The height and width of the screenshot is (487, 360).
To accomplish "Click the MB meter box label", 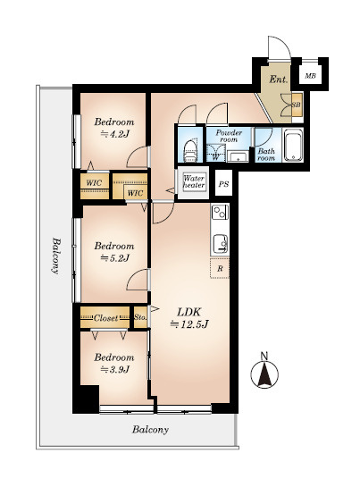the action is pos(310,75).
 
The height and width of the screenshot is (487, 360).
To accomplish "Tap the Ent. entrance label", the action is pos(279,80).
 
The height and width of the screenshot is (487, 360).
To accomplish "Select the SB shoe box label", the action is pos(297,105).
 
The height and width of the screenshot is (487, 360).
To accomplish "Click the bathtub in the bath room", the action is pos(293,147).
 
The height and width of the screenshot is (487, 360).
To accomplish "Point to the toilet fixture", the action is pos(191,151).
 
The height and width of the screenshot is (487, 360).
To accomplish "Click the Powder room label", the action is pos(229,136).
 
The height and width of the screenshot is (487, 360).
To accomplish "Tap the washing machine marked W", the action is pos(215,153).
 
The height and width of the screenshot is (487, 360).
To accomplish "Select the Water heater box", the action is pos(194,182).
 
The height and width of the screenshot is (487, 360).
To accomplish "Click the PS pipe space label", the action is pos(223,184).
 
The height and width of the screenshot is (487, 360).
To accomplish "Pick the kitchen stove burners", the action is pos(220,213).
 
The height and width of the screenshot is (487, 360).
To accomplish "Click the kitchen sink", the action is pos(221,243).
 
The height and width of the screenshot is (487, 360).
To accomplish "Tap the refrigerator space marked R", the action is pos(220,268).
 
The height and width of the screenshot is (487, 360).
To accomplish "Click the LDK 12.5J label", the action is pos(189,318).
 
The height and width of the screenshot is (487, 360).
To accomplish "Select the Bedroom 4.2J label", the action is pos(114,128).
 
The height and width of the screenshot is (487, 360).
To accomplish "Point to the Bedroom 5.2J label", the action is pos(114,252).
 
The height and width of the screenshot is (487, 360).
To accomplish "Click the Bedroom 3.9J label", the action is pos(114,363).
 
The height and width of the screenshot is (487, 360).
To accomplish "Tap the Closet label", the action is pos(105,318).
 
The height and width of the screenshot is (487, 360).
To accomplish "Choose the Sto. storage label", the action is pos(140,317).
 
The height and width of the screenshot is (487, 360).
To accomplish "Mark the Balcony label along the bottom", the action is pos(151,430).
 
